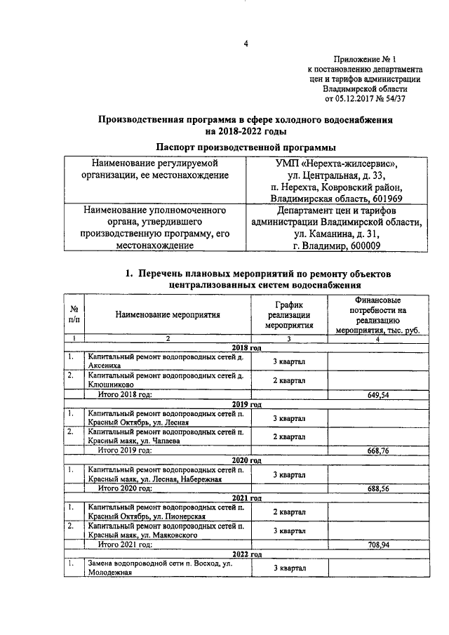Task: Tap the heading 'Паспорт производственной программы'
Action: [245, 147]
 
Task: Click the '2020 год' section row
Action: [246, 460]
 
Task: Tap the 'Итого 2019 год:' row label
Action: [124, 450]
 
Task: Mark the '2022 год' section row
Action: [246, 554]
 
